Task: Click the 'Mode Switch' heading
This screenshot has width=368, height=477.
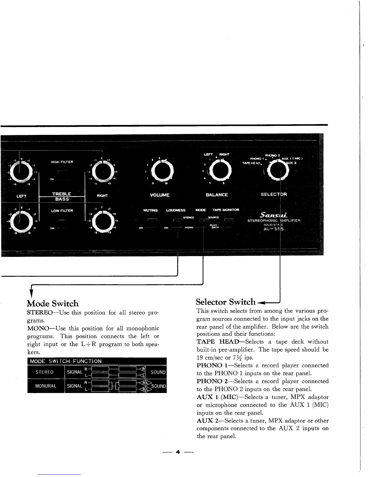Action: [x=53, y=303]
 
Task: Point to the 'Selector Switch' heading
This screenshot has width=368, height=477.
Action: [x=225, y=302]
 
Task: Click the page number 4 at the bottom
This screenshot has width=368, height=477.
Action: [x=178, y=452]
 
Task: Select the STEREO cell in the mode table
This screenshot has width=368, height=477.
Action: [x=44, y=372]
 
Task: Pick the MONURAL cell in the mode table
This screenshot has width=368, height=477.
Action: [x=46, y=386]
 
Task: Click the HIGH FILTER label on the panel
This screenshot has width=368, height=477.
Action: [x=62, y=162]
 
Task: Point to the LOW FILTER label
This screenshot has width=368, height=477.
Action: [x=62, y=210]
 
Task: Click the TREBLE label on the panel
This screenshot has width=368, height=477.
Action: [x=62, y=194]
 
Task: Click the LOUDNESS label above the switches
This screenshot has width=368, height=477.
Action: [x=176, y=210]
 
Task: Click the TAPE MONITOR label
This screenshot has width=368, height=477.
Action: [x=226, y=210]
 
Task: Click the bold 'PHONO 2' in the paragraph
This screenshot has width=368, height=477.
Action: [x=210, y=381]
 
